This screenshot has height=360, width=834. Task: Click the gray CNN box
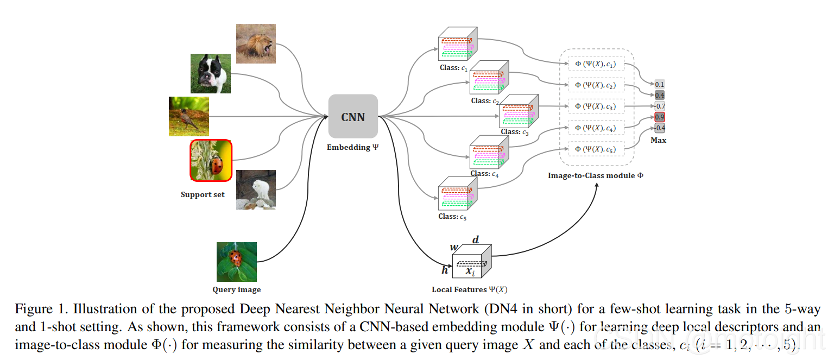coord(353,116)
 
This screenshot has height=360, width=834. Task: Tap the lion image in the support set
coord(256,43)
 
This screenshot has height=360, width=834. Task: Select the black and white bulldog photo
coord(210,73)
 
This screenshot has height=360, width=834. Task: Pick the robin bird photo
coord(189,117)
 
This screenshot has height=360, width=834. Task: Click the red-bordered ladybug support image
coord(211,161)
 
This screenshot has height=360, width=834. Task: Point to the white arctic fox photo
coord(256,190)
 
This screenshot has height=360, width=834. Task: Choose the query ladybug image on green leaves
coord(236,262)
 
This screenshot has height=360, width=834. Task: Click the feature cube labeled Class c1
coord(458,43)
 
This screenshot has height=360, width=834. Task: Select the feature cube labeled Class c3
coord(519,111)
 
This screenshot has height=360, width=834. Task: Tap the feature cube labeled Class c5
coord(458,193)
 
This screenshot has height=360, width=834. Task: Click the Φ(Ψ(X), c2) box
coord(596,85)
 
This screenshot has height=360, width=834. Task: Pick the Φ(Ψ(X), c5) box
coord(596,149)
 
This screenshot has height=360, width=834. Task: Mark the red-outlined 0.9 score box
coord(659,117)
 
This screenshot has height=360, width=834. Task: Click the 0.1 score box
coord(659,84)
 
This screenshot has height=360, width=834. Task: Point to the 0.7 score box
coord(660,106)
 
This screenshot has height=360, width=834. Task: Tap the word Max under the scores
coord(658,140)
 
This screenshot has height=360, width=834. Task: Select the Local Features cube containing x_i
coord(472,261)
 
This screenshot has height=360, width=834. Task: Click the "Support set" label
coord(203,194)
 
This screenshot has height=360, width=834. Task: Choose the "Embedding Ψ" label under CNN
coord(352,147)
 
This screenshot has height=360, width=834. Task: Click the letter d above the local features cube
coord(476,239)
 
